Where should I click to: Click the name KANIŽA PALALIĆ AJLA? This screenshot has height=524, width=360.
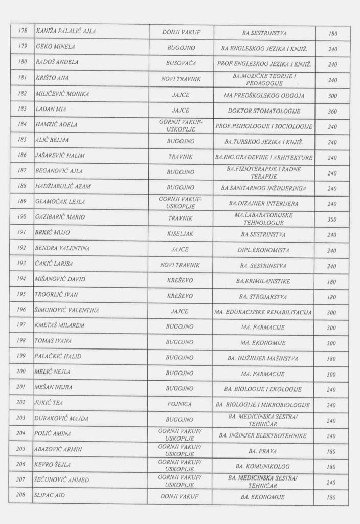66,32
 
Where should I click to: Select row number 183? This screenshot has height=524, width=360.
21,110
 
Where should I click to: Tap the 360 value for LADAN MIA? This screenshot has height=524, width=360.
332,111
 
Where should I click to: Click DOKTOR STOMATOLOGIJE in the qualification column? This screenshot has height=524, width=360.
264,111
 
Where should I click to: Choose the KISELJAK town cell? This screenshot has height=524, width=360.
179,234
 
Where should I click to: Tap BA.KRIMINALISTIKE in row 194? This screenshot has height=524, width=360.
264,281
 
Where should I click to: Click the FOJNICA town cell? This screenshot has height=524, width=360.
179,404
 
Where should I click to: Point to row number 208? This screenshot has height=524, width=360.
21,495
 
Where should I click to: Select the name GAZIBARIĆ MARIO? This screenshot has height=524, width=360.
59,217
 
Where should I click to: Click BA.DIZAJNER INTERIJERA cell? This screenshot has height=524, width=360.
264,203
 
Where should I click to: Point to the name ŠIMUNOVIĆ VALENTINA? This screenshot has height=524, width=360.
67,310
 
